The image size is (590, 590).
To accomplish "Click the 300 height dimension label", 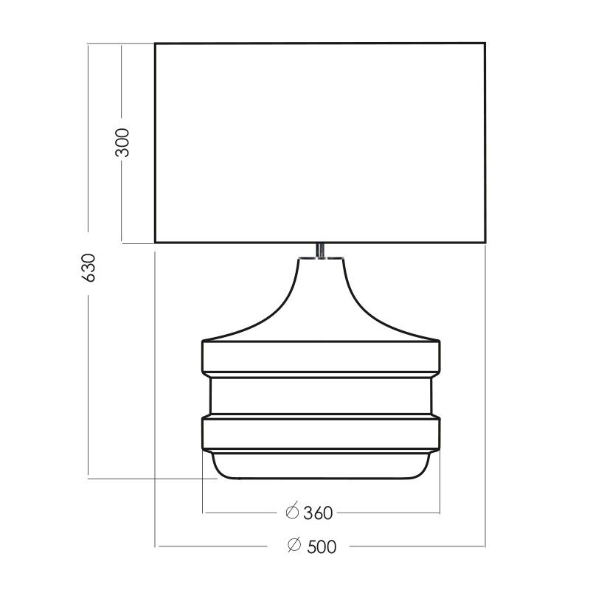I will pyautogui.click(x=123, y=142).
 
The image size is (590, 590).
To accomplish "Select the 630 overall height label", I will pyautogui.click(x=89, y=268).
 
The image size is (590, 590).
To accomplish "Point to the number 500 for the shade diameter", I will pyautogui.click(x=322, y=546).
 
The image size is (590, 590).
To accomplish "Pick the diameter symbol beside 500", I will pyautogui.click(x=293, y=546).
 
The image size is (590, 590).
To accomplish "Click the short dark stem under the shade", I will pyautogui.click(x=320, y=250).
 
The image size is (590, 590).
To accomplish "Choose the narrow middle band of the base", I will pyautogui.click(x=320, y=396).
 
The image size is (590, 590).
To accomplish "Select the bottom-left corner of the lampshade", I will pyautogui.click(x=156, y=242).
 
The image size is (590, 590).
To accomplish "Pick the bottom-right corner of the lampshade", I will pyautogui.click(x=485, y=242).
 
